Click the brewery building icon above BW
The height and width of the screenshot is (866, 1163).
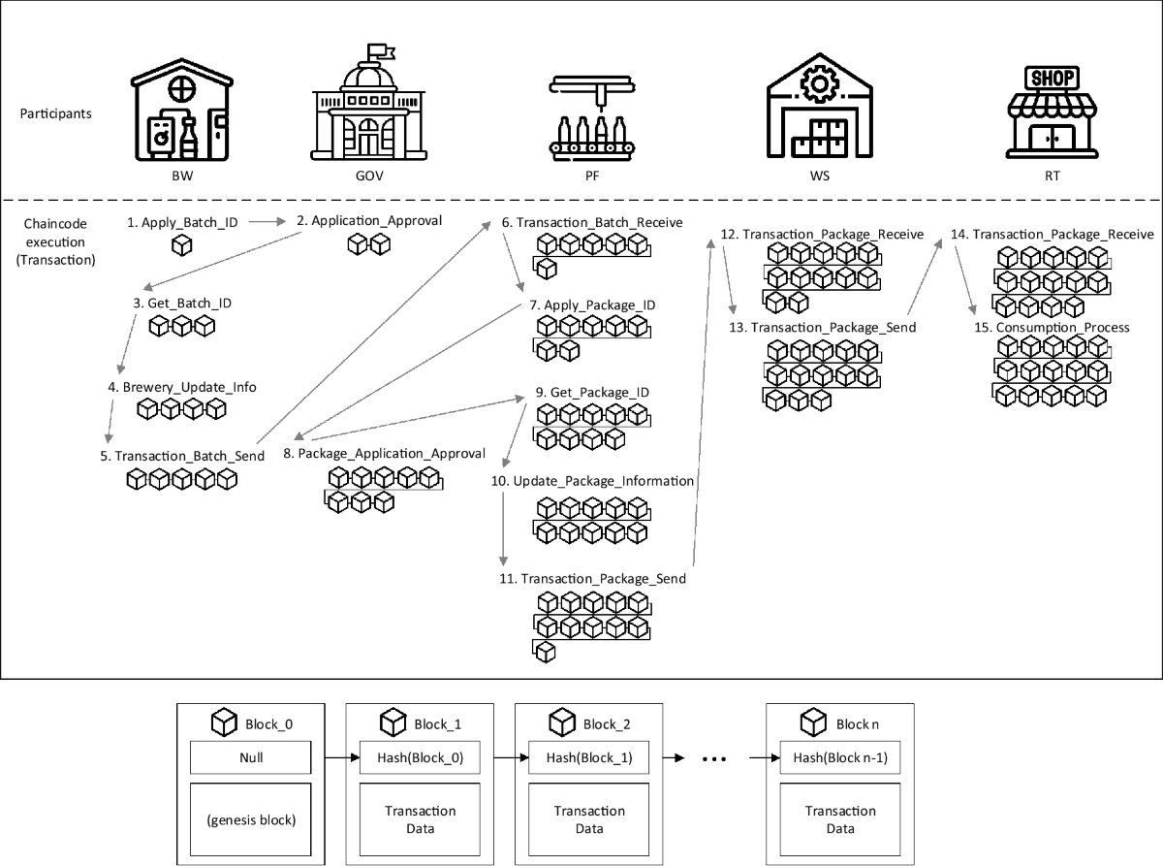tap(181, 113)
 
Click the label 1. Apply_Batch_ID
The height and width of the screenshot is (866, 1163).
tap(182, 222)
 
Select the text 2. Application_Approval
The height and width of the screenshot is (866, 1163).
tap(369, 220)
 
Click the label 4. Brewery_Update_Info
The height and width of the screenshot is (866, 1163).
tap(182, 387)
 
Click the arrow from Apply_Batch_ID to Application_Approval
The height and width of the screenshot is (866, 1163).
tap(264, 222)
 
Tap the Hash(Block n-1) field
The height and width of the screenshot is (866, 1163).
tap(840, 757)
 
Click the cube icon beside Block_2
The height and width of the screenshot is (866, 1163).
tap(562, 722)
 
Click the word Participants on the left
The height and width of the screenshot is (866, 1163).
tap(56, 113)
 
